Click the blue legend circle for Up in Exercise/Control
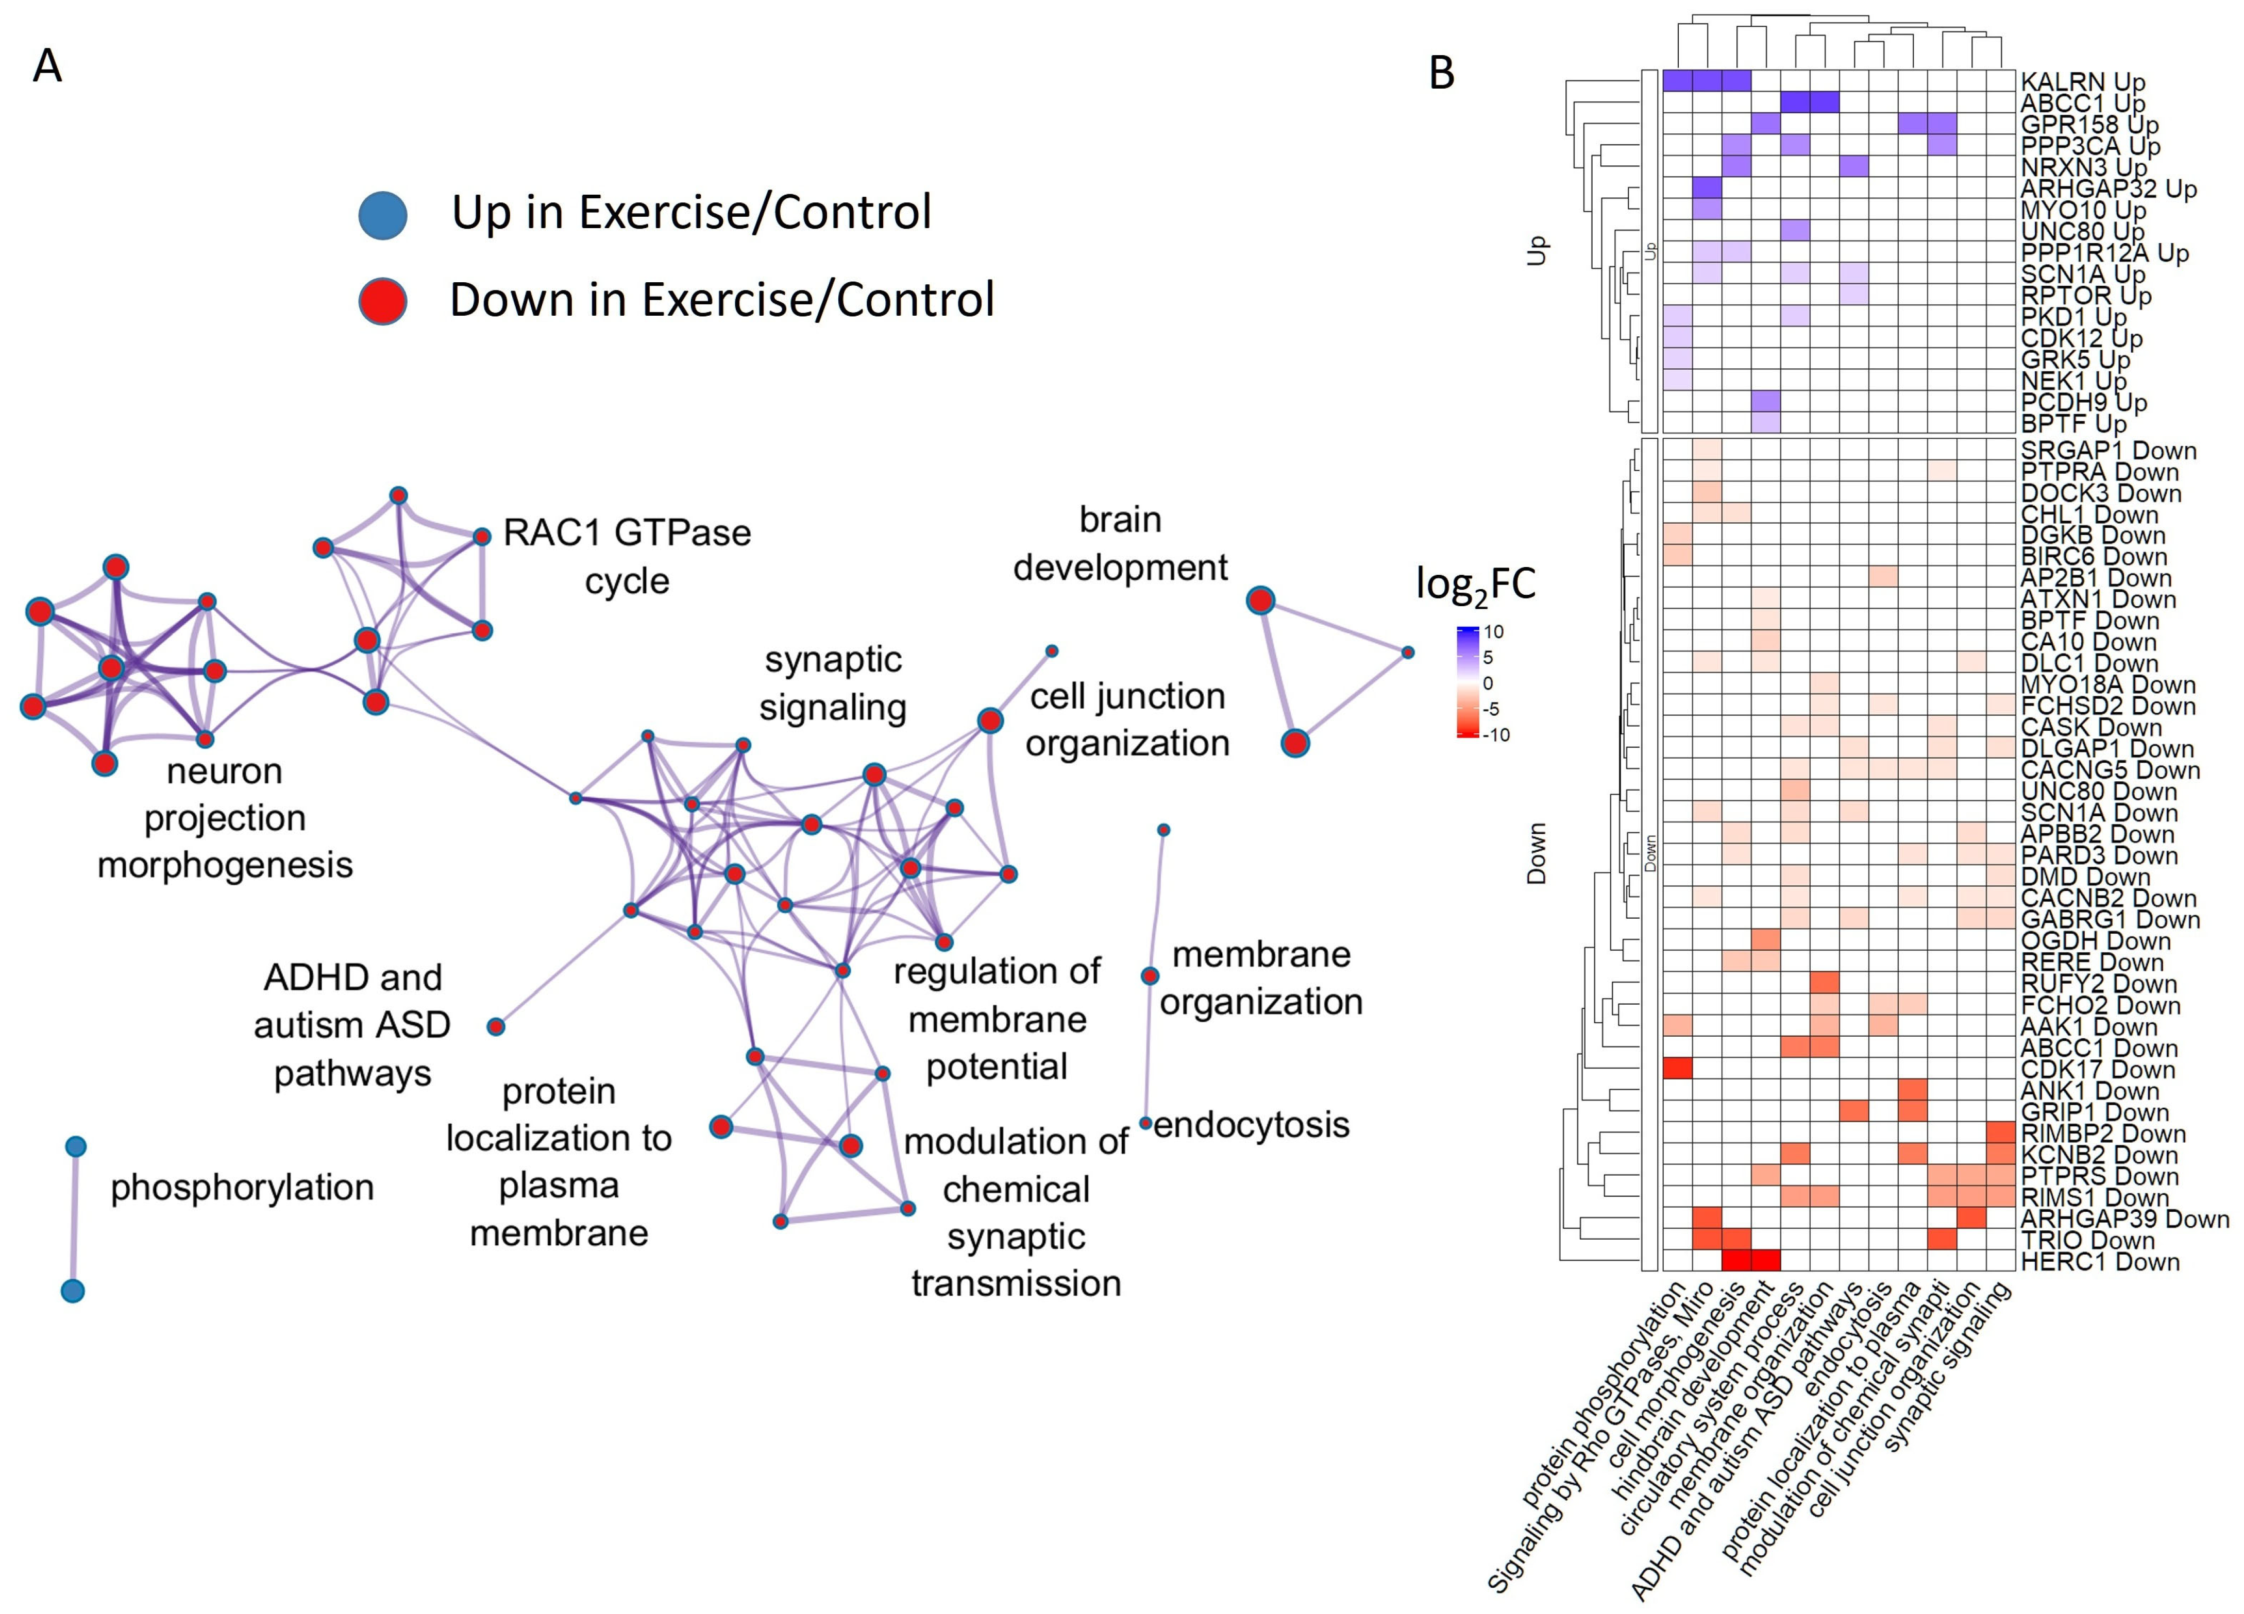tap(383, 215)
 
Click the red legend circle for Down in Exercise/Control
tap(383, 301)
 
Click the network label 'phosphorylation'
tap(242, 1188)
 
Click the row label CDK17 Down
tap(2098, 1070)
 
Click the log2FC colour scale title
tap(1475, 585)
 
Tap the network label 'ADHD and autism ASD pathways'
tap(352, 1025)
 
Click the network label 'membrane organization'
tap(1261, 978)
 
